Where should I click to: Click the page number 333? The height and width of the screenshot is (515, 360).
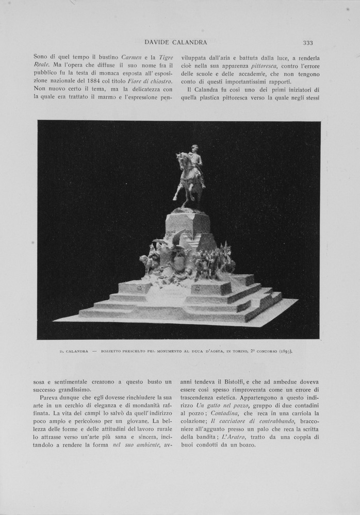point(308,43)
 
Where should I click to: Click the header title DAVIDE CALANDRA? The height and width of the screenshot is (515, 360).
point(176,42)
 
